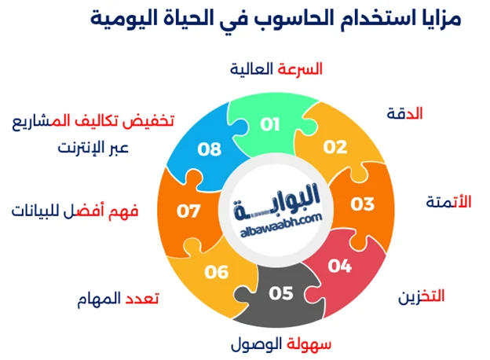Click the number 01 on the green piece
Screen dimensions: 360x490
(x=270, y=124)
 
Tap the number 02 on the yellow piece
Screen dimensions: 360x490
(x=335, y=147)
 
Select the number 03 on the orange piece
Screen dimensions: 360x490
(x=362, y=204)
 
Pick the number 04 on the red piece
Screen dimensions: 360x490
(x=339, y=266)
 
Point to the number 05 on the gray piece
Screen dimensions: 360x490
(x=280, y=293)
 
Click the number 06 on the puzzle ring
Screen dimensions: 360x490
(x=216, y=272)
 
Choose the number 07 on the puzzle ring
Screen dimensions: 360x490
(x=189, y=211)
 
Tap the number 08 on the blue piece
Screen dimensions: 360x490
(x=209, y=149)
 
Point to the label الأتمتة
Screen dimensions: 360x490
(x=448, y=201)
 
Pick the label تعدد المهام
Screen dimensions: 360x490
(x=119, y=299)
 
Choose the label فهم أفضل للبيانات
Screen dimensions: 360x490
(x=75, y=211)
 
